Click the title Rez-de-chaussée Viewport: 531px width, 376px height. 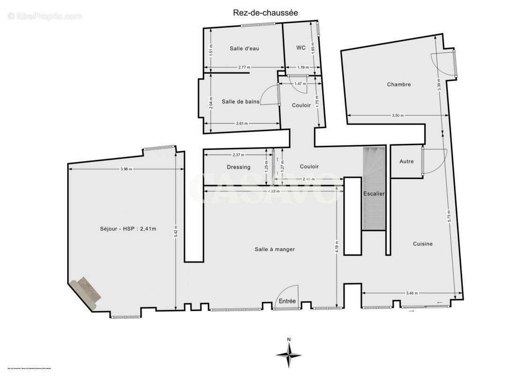(265, 13)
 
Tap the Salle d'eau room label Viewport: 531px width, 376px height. (244, 48)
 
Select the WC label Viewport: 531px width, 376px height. (301, 48)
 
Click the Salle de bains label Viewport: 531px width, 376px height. (241, 102)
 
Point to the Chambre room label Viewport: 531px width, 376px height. (399, 85)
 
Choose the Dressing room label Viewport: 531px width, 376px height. (239, 167)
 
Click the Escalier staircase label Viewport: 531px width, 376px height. (374, 194)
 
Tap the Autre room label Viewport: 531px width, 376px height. (407, 162)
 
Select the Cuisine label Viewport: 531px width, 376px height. (423, 244)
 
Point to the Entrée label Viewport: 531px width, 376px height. (287, 301)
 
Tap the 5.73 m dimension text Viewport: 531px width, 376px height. (449, 215)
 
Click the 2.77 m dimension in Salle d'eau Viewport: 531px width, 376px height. (244, 67)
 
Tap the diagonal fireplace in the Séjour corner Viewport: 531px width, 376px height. (85, 293)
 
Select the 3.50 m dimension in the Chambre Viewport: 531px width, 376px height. (397, 115)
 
